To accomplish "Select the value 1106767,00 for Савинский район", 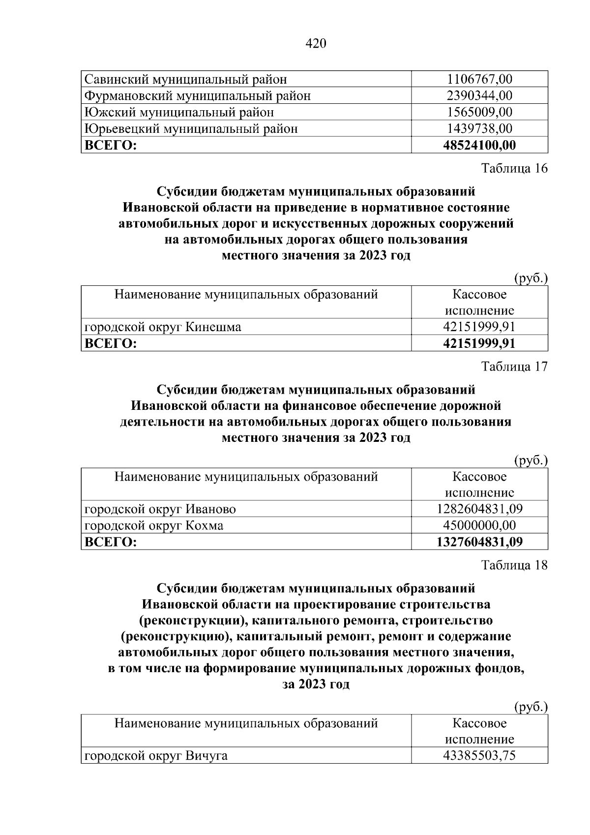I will (479, 79).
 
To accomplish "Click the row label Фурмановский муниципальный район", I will (198, 95).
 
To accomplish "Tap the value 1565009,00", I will (479, 112).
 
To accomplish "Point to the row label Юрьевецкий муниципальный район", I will (191, 129).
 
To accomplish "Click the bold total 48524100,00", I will (479, 145).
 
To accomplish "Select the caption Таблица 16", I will (514, 168).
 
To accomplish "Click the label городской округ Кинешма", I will (163, 327).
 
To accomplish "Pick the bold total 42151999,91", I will (479, 343).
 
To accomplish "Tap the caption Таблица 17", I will (514, 367).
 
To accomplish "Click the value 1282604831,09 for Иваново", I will (479, 509).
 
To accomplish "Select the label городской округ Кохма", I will (154, 526).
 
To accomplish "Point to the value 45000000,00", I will (479, 526).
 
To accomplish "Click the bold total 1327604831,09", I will (479, 542).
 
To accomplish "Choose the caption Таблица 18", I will (514, 565).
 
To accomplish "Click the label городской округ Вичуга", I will (156, 755).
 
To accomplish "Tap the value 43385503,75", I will (479, 755).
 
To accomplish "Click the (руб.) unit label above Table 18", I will (531, 708).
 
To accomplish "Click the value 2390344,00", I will (479, 95).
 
